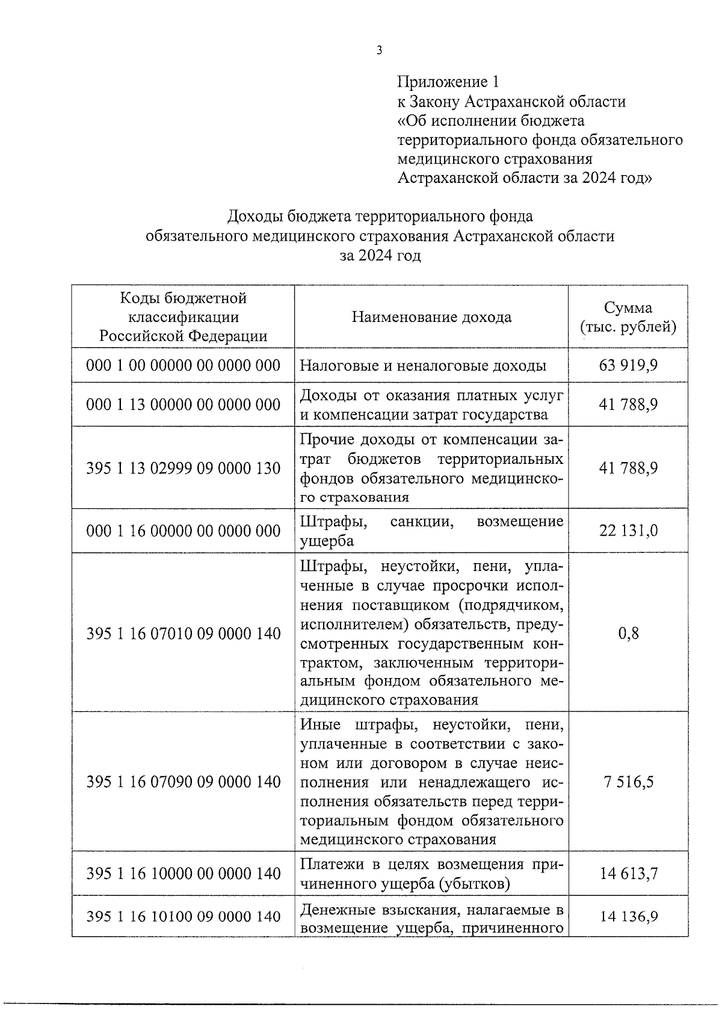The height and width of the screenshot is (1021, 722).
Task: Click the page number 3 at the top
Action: [x=379, y=51]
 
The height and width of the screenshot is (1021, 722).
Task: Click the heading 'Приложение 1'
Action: [x=448, y=82]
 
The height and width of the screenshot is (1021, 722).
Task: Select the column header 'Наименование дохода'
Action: [x=431, y=317]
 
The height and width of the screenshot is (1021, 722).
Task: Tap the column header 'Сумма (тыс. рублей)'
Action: [x=628, y=318]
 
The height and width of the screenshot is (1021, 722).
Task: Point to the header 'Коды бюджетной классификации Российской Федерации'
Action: [x=184, y=317]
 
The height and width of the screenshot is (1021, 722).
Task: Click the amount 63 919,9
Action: [x=628, y=365]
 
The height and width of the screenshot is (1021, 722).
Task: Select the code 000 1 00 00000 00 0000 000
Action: [x=184, y=365]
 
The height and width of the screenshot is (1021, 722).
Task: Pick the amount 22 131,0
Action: [x=628, y=531]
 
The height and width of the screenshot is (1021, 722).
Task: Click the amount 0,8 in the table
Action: [x=628, y=633]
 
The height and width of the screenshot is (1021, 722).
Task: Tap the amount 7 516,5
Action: [x=628, y=782]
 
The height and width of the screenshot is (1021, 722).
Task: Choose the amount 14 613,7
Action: [x=628, y=874]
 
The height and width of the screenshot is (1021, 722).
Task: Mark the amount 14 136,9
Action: [x=628, y=916]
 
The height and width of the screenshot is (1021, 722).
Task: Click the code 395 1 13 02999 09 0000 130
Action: [x=184, y=468]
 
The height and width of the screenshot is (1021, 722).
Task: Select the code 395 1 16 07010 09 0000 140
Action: [x=184, y=633]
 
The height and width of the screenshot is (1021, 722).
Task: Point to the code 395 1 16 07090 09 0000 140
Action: [x=184, y=782]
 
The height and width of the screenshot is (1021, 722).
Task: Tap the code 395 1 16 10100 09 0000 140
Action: [x=184, y=916]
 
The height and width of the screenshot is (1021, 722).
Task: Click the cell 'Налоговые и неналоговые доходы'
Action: [x=423, y=365]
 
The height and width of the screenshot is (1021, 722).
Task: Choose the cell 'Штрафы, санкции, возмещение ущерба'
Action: [x=431, y=531]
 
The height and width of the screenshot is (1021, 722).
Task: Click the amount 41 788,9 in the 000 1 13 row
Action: [x=628, y=404]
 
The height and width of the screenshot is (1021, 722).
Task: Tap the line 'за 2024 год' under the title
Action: [x=380, y=256]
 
